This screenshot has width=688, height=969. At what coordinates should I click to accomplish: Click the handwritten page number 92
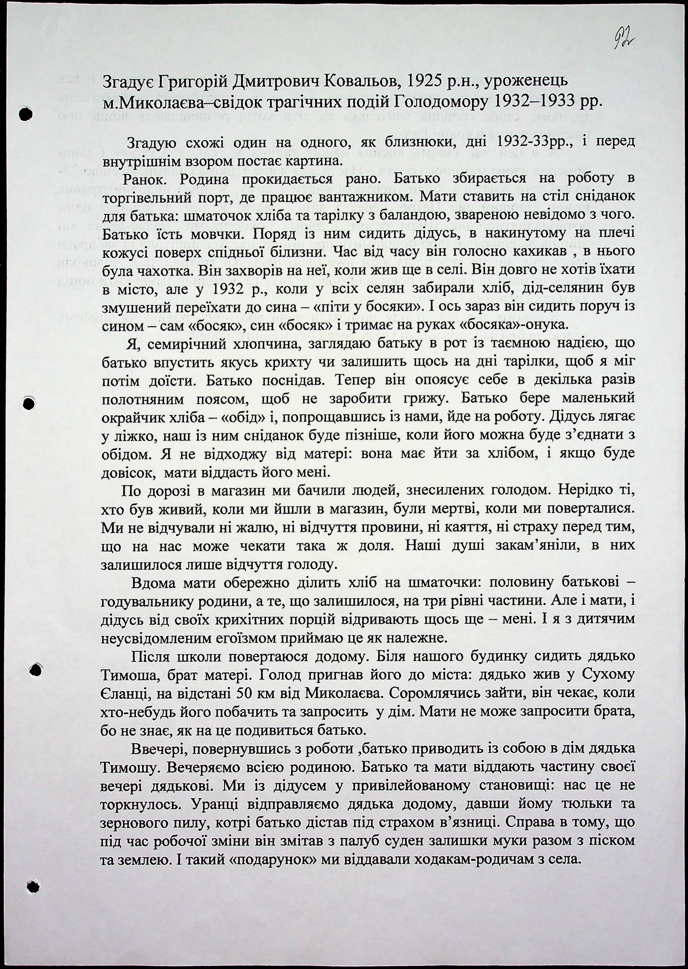[x=625, y=41]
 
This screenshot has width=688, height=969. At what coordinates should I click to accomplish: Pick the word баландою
[x=397, y=215]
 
